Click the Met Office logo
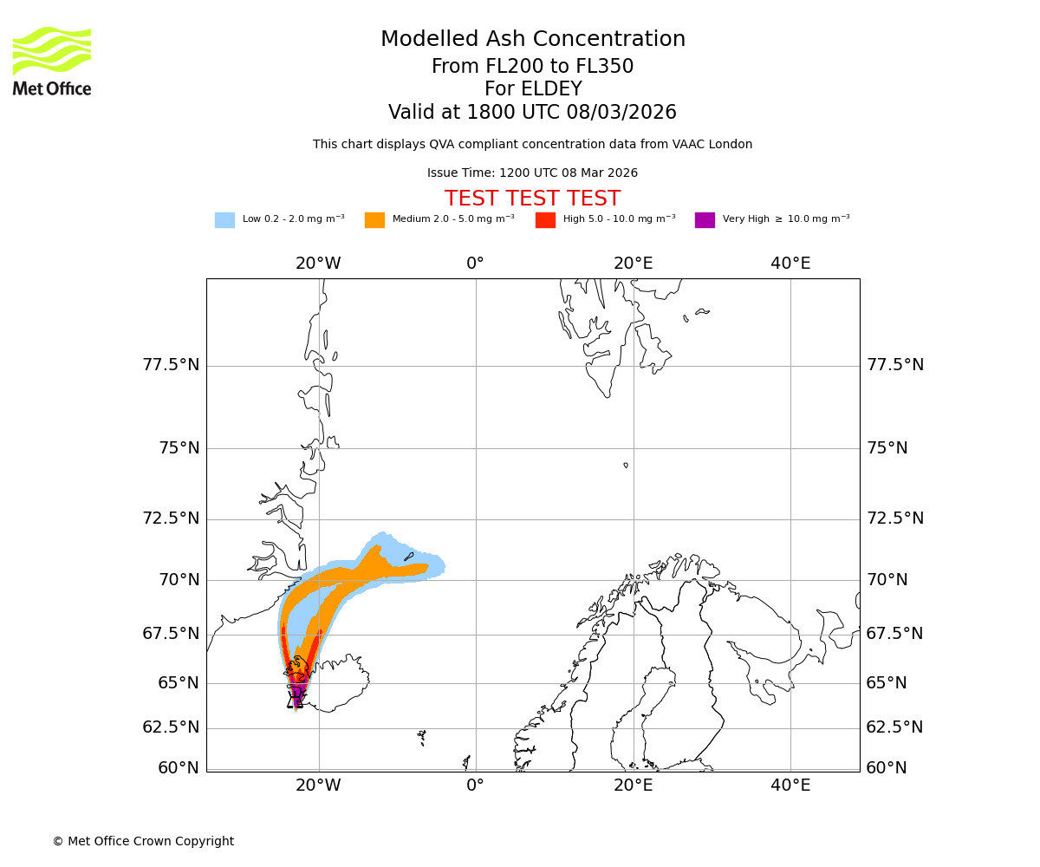pos(52,61)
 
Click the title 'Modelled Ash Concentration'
pos(533,40)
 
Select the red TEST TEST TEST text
pos(532,199)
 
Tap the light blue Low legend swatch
pos(224,220)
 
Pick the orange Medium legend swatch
pos(374,220)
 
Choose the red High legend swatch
pos(545,220)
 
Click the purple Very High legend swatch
pos(705,220)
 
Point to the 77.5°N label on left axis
pos(171,365)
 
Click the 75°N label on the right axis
pos(887,448)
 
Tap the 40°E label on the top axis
pos(790,264)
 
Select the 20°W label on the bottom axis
pos(318,786)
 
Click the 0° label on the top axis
pos(475,264)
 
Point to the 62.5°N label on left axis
pos(171,727)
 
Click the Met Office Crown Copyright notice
pos(143,841)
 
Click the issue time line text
pos(532,173)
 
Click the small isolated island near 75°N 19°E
pos(626,466)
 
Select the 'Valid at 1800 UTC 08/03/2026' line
pos(532,113)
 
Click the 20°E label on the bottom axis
pos(633,786)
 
